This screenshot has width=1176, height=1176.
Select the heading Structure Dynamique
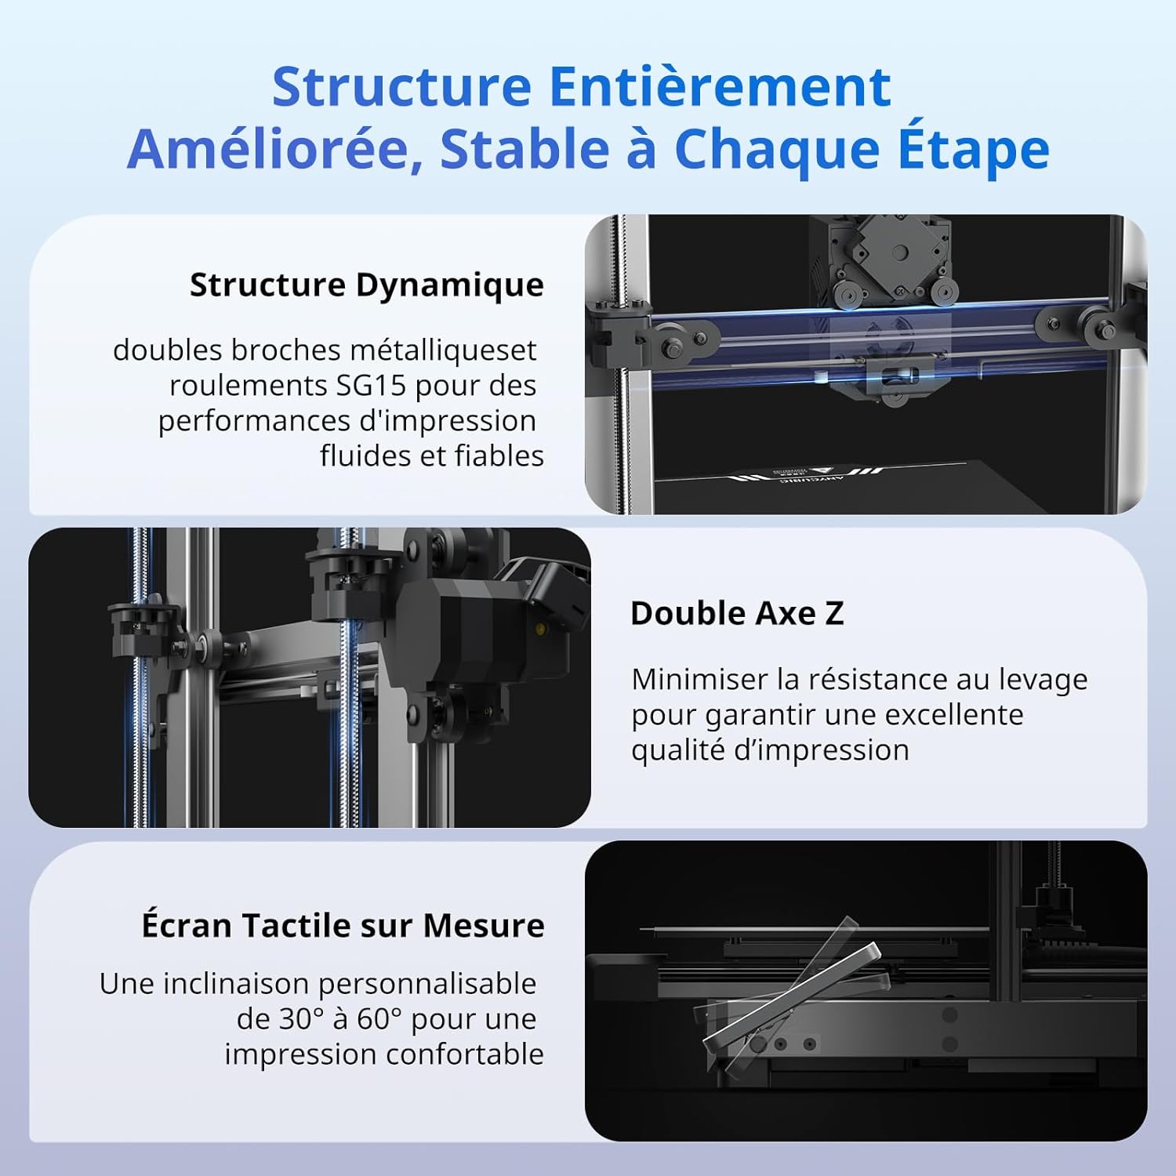coord(366,285)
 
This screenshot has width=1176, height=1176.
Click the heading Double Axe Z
coord(737,613)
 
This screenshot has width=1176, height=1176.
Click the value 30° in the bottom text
coord(301,1018)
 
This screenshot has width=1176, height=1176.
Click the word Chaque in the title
coord(777,149)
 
